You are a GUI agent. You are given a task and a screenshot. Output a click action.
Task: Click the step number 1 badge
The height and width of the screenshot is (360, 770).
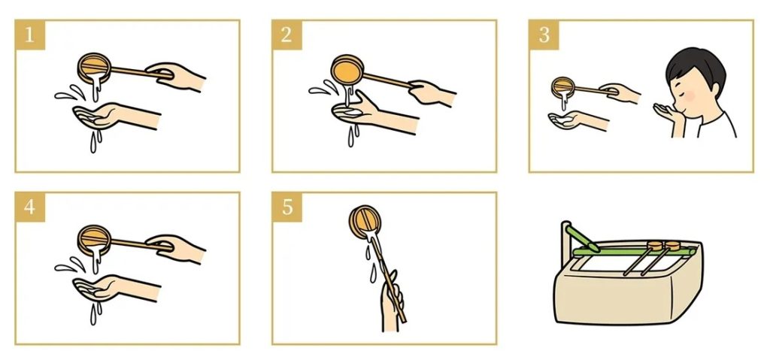point(30,35)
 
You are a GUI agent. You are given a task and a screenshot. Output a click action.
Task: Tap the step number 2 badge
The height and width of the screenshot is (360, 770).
point(287,35)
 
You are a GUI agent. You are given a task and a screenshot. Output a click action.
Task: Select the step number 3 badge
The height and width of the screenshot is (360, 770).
point(544,35)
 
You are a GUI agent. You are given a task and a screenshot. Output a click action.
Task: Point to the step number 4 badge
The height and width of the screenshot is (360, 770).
point(30,207)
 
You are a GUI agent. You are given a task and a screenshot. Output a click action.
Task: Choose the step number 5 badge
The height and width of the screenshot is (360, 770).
point(287,207)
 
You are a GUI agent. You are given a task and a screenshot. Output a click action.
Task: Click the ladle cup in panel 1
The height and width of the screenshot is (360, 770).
point(94,68)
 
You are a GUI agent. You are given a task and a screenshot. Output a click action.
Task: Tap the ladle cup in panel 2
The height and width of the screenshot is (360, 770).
point(347,70)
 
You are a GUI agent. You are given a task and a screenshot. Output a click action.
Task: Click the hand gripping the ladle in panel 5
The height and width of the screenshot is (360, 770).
point(392,305)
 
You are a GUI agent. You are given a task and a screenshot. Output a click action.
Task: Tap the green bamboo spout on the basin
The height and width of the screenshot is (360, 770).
point(581,237)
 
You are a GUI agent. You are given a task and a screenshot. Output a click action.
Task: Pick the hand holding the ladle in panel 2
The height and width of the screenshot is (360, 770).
point(431,92)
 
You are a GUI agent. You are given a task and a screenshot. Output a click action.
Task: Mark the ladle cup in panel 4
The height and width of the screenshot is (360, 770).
point(94,240)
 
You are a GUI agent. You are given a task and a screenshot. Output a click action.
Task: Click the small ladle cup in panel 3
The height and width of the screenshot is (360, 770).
point(563,87)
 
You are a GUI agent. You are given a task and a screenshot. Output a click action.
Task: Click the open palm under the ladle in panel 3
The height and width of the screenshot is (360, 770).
point(577,120)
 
